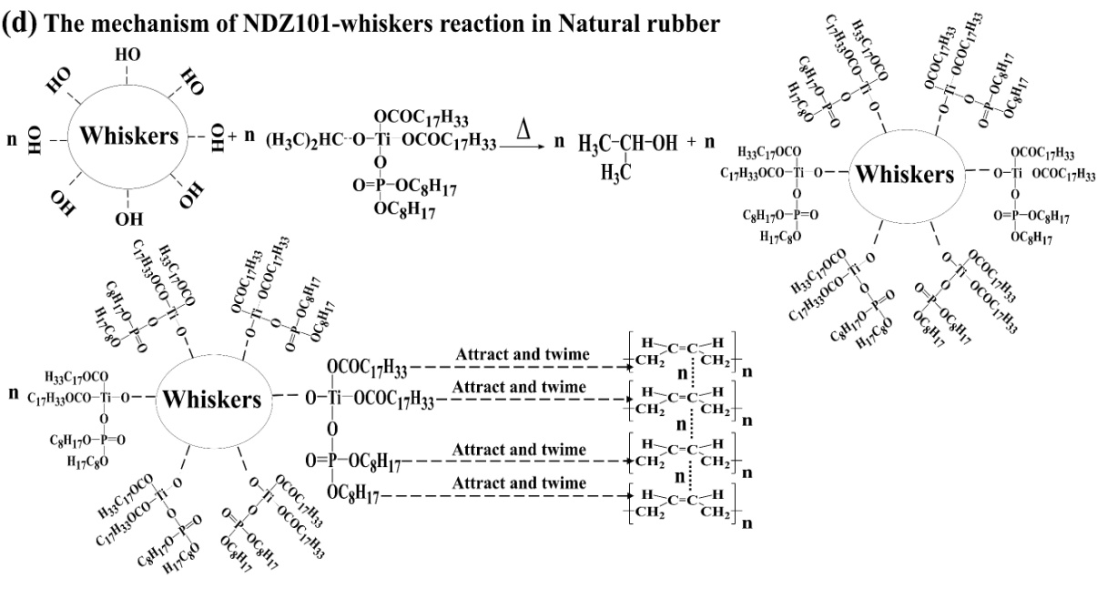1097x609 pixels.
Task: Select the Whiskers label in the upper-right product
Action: click(904, 175)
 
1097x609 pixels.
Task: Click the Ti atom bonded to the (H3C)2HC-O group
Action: click(381, 139)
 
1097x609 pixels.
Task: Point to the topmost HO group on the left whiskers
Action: click(128, 56)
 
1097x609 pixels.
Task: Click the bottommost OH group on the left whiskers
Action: click(129, 220)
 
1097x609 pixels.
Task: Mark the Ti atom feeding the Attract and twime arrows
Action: click(334, 399)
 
